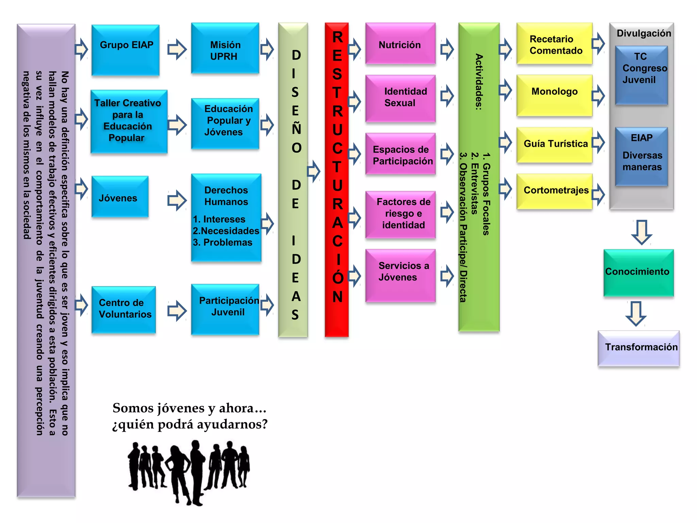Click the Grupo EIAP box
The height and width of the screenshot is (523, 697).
point(125,50)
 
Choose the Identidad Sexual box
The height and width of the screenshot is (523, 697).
point(400,98)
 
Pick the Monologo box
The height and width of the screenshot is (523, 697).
point(554,95)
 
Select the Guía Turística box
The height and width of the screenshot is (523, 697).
point(554,144)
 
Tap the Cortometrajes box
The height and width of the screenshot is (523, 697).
point(554,191)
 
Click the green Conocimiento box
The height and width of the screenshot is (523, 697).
point(638,272)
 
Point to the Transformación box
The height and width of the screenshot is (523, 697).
point(638,348)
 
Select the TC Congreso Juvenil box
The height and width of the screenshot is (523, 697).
point(641,75)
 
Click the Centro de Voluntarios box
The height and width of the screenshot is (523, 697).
point(124,309)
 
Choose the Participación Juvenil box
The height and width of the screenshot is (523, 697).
point(225,308)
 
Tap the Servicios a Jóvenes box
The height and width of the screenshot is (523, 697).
point(400,275)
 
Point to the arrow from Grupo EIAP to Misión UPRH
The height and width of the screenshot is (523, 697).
point(177,49)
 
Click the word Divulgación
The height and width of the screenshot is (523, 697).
point(644,33)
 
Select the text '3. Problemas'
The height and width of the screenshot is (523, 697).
point(223,242)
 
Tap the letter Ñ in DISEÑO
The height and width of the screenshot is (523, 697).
point(296,129)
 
